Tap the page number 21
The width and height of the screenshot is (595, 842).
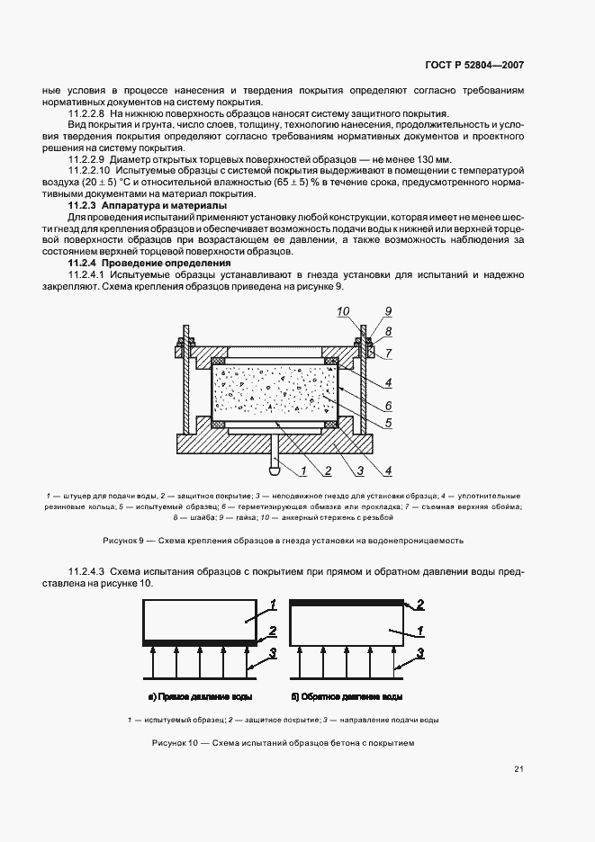point(518,768)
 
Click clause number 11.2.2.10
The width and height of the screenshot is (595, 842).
point(90,169)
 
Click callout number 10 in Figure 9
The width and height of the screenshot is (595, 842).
point(343,311)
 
